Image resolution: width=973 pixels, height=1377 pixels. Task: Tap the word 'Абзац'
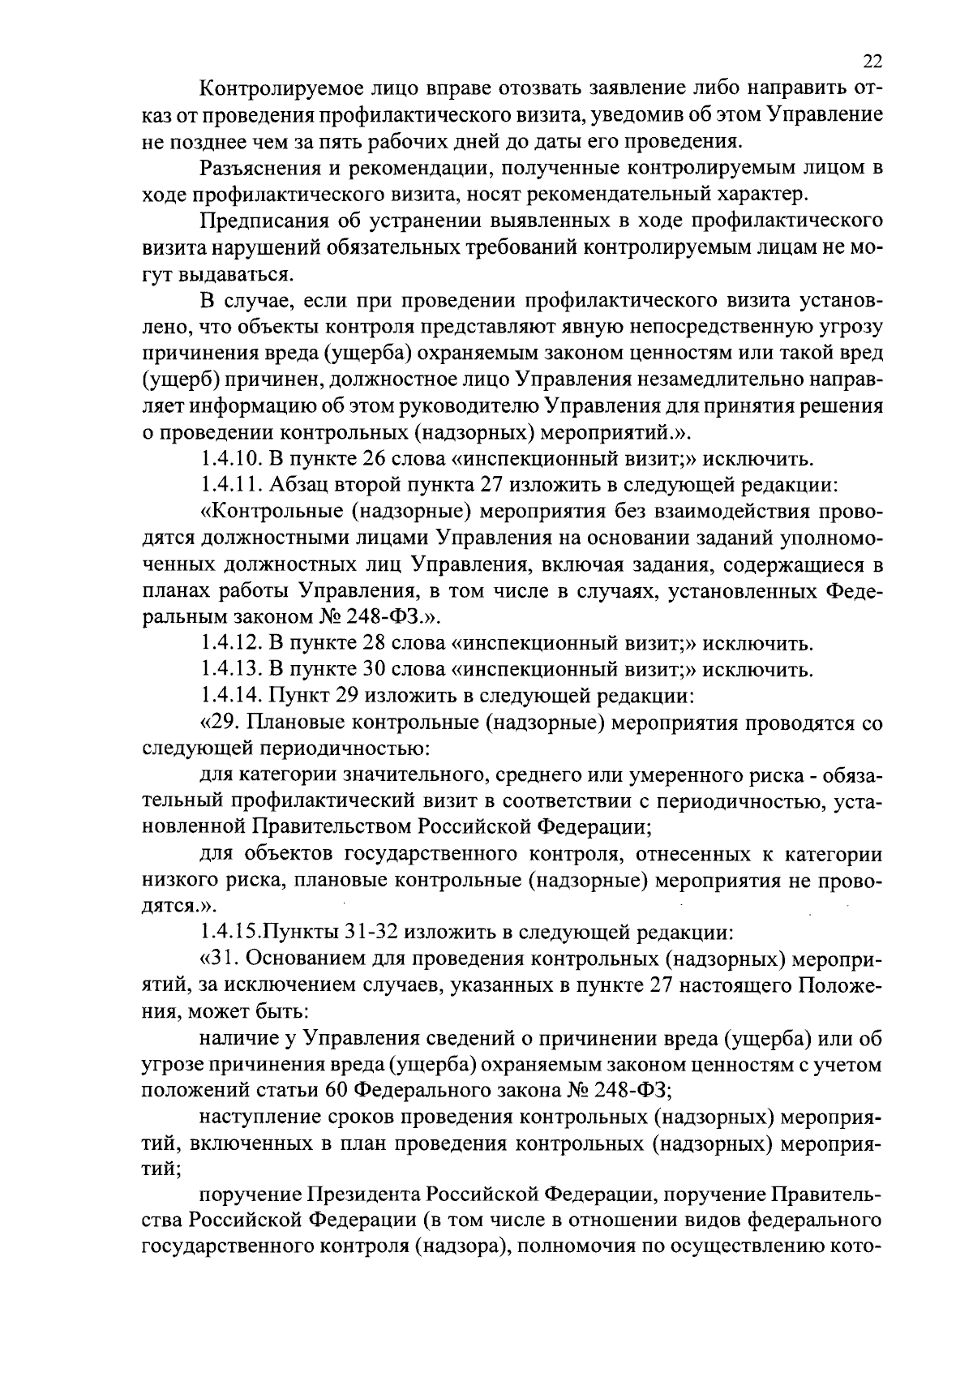click(298, 487)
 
